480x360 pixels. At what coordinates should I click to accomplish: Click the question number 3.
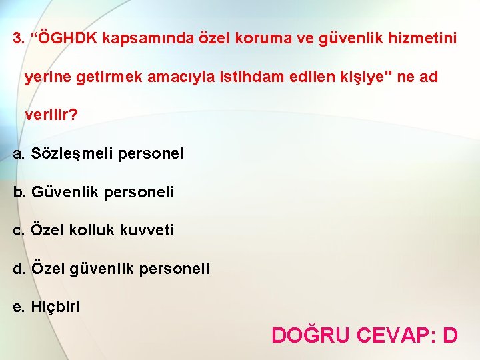(17, 38)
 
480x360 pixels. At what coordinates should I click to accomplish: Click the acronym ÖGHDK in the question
(69, 38)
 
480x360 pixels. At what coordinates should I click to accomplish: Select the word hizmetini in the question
(424, 38)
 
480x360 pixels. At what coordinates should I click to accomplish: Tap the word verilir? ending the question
(51, 115)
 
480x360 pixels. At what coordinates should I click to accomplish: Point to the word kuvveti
(147, 231)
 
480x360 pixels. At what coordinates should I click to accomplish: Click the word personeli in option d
(177, 269)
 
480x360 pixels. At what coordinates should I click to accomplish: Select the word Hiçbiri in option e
(55, 307)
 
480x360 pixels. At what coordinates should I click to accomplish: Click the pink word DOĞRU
(310, 334)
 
